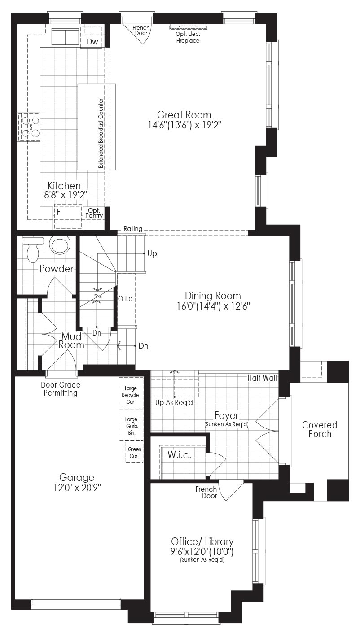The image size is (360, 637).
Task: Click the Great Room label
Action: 184,115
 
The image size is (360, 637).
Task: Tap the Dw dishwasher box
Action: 92,38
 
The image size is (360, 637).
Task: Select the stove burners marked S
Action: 30,127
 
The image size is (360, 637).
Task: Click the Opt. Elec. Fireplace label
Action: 188,37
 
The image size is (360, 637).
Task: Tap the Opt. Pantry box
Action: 94,213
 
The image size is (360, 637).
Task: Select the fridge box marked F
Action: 68,216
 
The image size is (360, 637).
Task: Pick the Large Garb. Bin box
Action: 131,424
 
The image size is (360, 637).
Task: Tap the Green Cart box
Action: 134,452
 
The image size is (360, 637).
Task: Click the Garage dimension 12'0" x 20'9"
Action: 77,488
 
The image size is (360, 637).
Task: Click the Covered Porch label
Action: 320,429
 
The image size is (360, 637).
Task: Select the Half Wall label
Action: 262,378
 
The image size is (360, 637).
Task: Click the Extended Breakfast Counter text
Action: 101,133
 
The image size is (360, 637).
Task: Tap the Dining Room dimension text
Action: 213,306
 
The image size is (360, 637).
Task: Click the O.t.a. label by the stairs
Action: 126,299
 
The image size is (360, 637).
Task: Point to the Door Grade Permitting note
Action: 61,389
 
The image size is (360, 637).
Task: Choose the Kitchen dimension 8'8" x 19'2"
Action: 64,195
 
